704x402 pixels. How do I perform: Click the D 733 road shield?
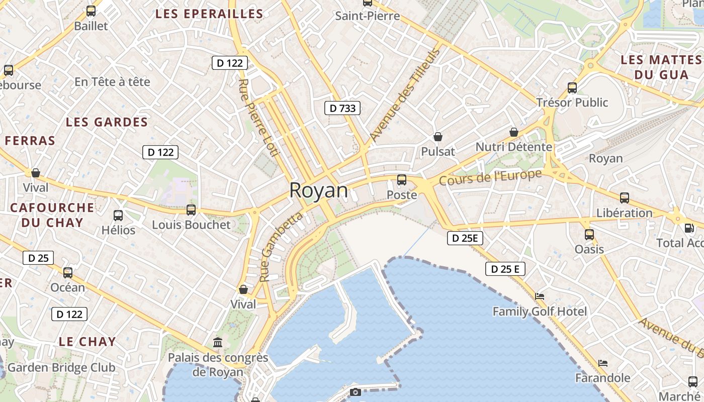pyautogui.click(x=342, y=108)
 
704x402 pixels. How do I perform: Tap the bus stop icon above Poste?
pyautogui.click(x=401, y=180)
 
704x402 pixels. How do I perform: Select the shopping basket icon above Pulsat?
pyautogui.click(x=437, y=137)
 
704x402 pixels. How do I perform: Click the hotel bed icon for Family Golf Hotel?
pyautogui.click(x=540, y=296)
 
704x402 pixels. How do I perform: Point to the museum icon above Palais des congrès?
pyautogui.click(x=218, y=342)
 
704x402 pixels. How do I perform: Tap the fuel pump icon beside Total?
pyautogui.click(x=689, y=228)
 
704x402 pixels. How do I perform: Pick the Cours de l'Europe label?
pyautogui.click(x=490, y=177)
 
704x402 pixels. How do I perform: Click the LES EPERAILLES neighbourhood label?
pyautogui.click(x=209, y=14)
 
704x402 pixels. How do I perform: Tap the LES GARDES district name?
pyautogui.click(x=107, y=122)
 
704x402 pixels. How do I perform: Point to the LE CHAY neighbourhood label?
pyautogui.click(x=87, y=342)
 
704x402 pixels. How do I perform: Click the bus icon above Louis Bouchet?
pyautogui.click(x=191, y=210)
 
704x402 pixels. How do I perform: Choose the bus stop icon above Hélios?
pyautogui.click(x=118, y=216)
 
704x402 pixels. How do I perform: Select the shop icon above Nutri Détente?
pyautogui.click(x=514, y=132)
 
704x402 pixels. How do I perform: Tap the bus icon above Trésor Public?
pyautogui.click(x=572, y=88)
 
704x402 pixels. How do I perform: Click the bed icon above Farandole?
pyautogui.click(x=603, y=363)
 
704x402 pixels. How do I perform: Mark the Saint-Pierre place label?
pyautogui.click(x=368, y=16)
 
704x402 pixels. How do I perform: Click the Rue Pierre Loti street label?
pyautogui.click(x=258, y=118)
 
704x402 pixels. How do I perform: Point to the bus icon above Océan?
pyautogui.click(x=68, y=273)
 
